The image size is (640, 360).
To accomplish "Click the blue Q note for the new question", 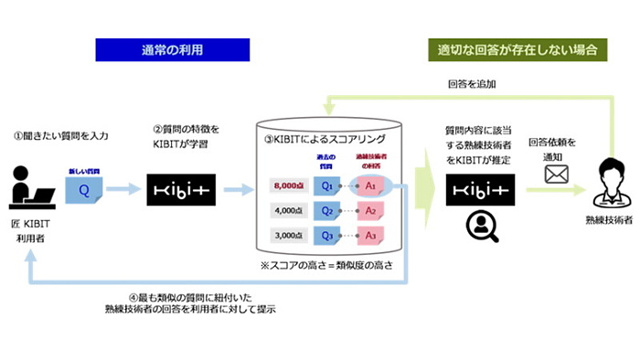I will tap(85, 191).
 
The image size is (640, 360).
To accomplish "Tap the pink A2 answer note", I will tap(371, 210).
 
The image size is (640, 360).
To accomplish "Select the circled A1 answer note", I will tap(371, 185).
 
